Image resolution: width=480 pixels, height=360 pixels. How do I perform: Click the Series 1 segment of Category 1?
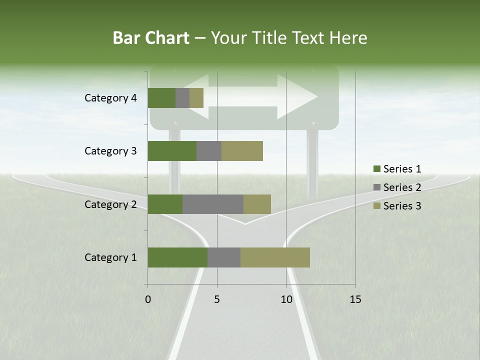tap(177, 257)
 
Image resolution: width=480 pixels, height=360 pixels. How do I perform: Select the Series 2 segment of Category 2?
tap(213, 204)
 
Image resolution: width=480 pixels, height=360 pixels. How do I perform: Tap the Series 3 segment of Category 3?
tap(242, 151)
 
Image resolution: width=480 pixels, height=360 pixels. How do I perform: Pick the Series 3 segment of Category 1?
tap(275, 257)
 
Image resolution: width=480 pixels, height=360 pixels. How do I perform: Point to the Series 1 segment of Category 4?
tap(161, 98)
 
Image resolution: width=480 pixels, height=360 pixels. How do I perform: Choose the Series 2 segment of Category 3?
tap(209, 151)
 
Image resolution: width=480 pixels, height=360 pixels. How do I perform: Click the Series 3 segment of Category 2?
tap(257, 204)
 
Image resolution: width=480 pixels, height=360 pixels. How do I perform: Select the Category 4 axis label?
tap(110, 98)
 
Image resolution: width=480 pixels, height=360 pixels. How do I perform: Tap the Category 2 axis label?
tap(110, 204)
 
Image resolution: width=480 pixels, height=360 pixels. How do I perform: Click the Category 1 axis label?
tap(110, 257)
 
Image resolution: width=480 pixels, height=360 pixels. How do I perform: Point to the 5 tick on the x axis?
tap(217, 299)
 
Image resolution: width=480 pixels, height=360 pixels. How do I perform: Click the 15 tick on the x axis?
tap(355, 299)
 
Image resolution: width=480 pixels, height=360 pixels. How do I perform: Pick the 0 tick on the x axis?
tap(148, 299)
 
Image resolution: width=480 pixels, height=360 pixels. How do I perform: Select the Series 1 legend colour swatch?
tap(376, 169)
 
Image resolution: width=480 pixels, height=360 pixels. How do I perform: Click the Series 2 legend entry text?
tap(402, 187)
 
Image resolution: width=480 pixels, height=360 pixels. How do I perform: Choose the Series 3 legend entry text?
tap(402, 206)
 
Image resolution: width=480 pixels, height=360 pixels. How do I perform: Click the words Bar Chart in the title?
tap(151, 38)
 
